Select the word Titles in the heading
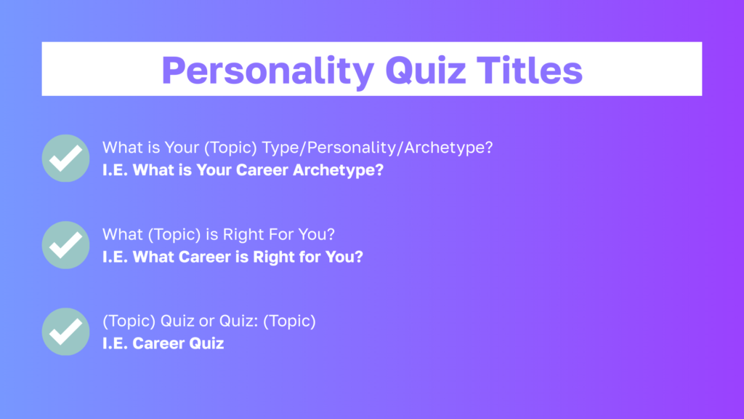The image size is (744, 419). point(533,70)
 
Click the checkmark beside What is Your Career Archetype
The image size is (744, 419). point(65,158)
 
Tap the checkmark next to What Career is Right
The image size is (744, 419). point(65,245)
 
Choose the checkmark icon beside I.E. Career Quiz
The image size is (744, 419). point(65,332)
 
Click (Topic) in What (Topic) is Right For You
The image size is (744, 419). point(167,235)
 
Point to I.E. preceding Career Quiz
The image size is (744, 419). point(114,344)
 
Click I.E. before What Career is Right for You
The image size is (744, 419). point(114,258)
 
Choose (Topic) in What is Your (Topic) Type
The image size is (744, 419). point(229,148)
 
